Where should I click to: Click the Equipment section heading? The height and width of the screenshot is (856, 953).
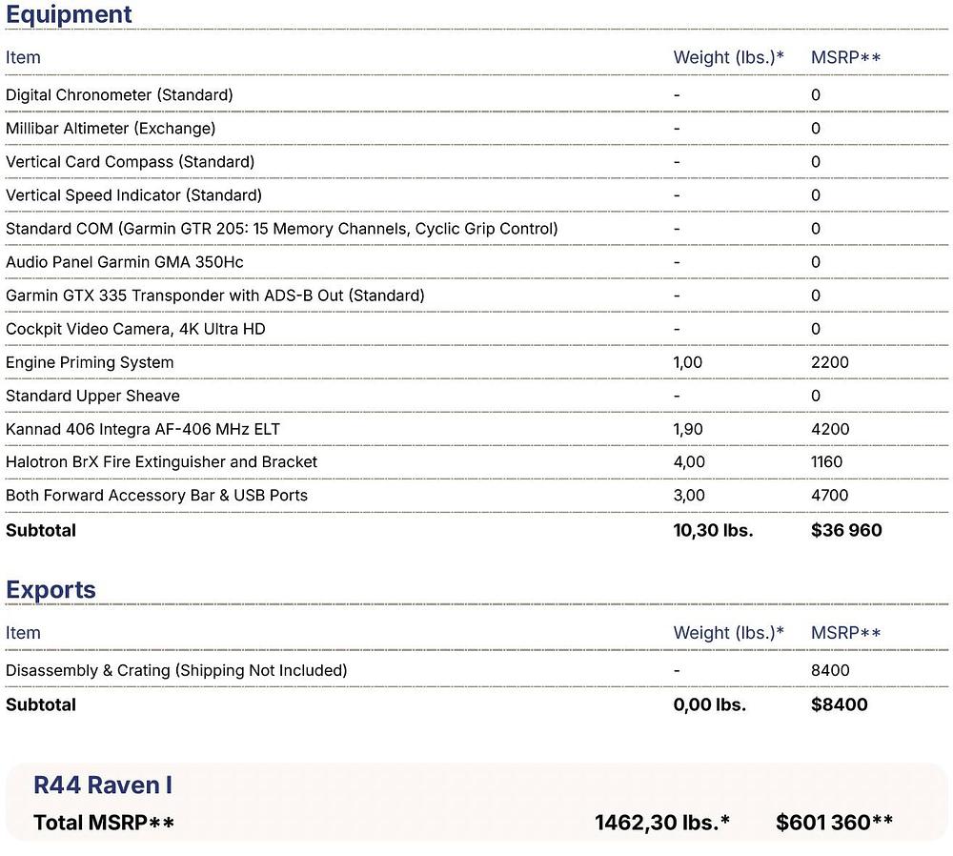click(x=69, y=15)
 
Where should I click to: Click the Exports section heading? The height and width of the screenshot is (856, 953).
click(x=51, y=589)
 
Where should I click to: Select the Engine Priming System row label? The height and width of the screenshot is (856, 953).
click(x=90, y=362)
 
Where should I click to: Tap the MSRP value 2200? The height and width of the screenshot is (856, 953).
click(x=829, y=362)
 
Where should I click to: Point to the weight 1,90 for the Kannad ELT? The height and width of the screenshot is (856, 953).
click(x=687, y=429)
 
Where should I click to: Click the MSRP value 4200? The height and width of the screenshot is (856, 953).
click(x=829, y=429)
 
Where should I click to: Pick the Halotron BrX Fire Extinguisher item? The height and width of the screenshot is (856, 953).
click(x=161, y=462)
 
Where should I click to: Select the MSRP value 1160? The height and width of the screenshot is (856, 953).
click(x=826, y=462)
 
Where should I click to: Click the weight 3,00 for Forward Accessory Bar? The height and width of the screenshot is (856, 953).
click(x=688, y=496)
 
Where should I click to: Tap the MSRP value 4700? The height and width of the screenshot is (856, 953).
click(x=829, y=496)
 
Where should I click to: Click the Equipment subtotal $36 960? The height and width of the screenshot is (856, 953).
click(x=846, y=530)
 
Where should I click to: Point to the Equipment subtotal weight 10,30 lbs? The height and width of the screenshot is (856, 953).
click(x=713, y=530)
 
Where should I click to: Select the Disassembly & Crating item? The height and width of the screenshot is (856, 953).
click(x=176, y=670)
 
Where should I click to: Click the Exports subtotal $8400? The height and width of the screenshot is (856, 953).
click(x=839, y=705)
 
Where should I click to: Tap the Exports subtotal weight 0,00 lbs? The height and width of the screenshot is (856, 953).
click(x=709, y=705)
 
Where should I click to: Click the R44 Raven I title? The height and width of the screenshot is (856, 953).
click(x=103, y=785)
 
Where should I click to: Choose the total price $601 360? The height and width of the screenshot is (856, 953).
click(x=834, y=822)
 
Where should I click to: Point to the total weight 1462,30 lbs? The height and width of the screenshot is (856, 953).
click(x=661, y=822)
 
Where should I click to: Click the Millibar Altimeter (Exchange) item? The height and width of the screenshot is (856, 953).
click(x=111, y=128)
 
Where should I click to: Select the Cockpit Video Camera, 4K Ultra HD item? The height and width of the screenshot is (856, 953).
click(x=135, y=329)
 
